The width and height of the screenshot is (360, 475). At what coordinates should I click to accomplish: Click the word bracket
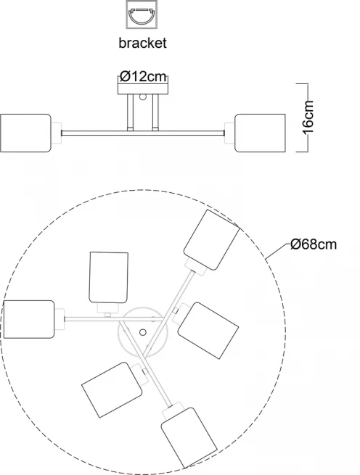click(142, 43)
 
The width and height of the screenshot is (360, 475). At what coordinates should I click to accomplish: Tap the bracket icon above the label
click(142, 15)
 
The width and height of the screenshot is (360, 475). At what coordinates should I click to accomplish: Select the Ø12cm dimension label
click(143, 76)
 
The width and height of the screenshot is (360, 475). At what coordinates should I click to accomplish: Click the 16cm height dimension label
click(308, 117)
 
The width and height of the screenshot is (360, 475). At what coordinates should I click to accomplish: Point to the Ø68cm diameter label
click(314, 244)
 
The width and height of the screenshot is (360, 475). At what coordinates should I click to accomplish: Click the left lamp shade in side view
click(25, 133)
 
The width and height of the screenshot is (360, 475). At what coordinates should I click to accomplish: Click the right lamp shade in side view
click(261, 133)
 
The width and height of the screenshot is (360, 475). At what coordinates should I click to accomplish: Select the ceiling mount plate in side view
click(142, 88)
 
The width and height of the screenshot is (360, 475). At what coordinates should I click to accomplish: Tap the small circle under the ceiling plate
click(142, 97)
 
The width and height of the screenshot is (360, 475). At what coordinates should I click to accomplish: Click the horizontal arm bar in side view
click(143, 133)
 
